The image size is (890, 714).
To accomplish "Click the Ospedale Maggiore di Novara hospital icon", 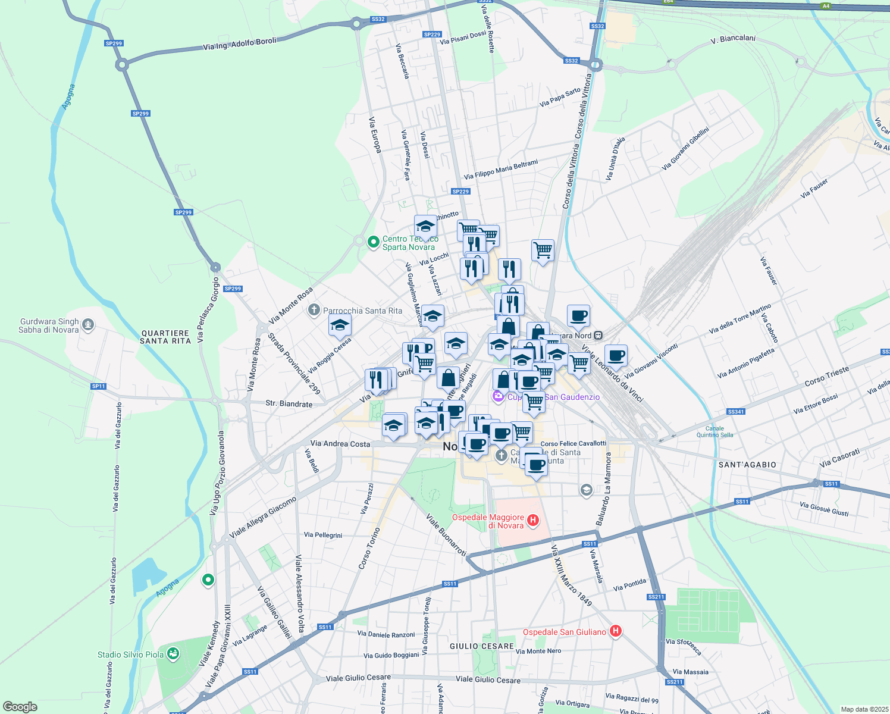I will [533, 521].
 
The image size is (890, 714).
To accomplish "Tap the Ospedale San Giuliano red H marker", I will [616, 631].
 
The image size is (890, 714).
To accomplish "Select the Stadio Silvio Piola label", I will [130, 654].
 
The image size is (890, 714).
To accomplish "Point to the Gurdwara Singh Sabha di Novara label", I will [49, 325].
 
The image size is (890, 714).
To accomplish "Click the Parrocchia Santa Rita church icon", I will [314, 310].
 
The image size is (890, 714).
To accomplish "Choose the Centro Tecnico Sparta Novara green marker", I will [373, 242].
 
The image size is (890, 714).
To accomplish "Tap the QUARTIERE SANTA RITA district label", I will [165, 337].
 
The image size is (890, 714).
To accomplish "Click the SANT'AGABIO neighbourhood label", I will [747, 465].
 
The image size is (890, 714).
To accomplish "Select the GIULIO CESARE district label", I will [481, 646].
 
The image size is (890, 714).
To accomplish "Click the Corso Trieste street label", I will [827, 376].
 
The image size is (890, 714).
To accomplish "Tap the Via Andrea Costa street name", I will [340, 444].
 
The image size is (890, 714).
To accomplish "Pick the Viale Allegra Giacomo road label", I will [262, 518].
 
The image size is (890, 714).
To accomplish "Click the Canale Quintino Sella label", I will [714, 431].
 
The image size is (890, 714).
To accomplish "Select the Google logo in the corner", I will [20, 707].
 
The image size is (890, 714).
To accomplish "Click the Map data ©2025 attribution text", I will [863, 709].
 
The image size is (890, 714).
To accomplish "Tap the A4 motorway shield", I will [826, 6].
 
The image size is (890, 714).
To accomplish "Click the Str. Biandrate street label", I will [289, 404].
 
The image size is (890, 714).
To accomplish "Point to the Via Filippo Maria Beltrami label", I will [501, 170].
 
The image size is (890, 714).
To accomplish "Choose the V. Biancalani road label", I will [733, 40].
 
